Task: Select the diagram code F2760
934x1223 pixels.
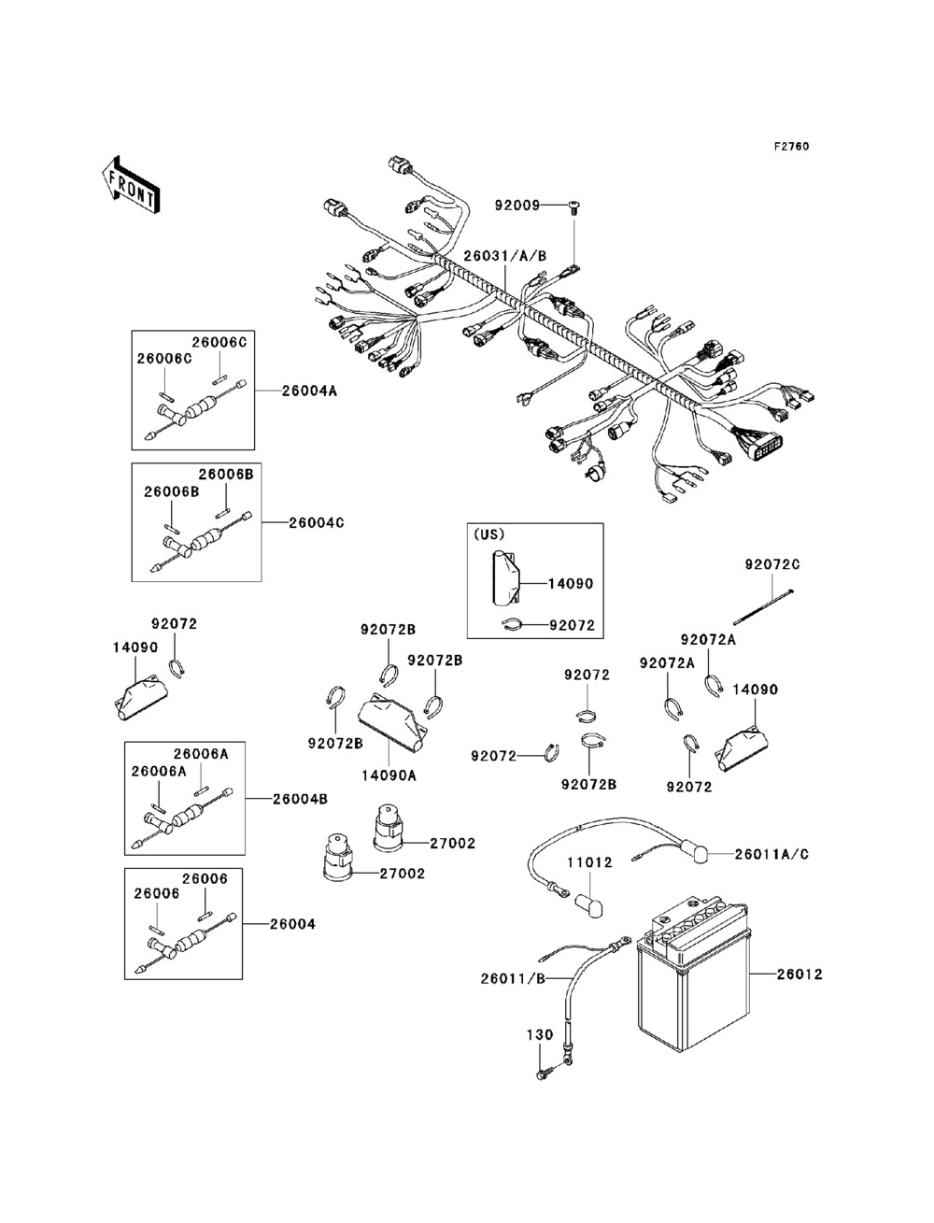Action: coord(790,147)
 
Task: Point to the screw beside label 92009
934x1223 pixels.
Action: coord(573,206)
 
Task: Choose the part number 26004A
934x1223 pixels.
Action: coord(310,391)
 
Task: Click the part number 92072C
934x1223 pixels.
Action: coord(771,564)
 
